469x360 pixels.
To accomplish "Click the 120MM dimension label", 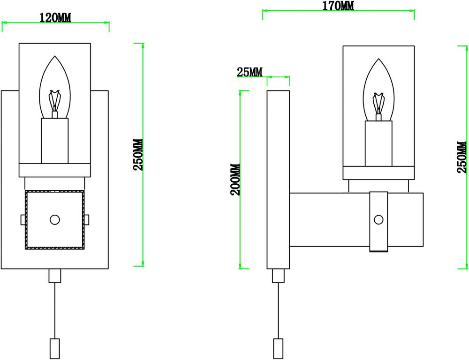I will pos(55,18).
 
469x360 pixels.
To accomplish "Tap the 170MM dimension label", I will pos(338,6).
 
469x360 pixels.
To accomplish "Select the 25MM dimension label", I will pos(249,72).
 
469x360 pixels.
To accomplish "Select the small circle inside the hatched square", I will pos(55,219).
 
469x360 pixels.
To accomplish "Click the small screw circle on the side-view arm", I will pos(378,219).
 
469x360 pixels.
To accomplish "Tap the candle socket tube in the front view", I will pos(55,141).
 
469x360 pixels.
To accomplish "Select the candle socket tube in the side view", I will pos(378,143).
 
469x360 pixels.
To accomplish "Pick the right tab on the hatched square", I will pos(88,219).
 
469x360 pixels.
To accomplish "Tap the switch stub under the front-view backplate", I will pos(55,276).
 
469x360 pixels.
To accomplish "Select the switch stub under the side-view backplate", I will pos(279,276).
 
